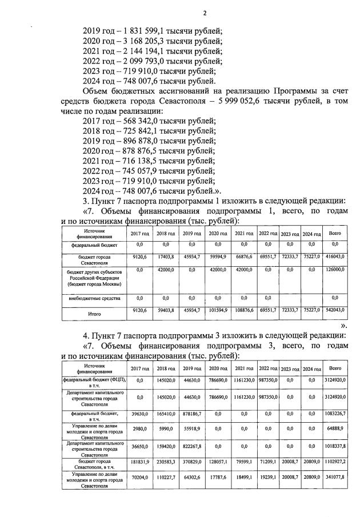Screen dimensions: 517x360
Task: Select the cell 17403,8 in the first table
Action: tap(166, 257)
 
